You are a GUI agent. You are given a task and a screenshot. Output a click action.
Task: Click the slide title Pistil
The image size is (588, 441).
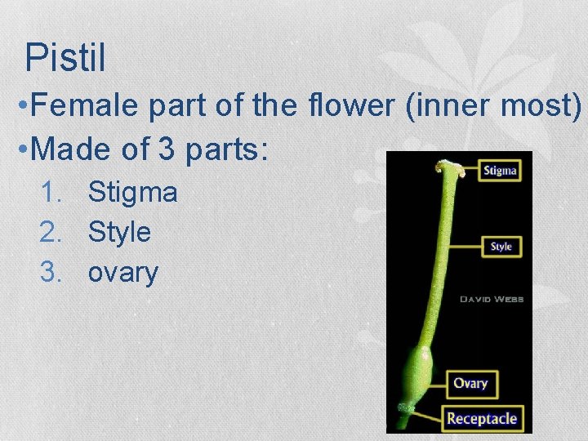click(65, 58)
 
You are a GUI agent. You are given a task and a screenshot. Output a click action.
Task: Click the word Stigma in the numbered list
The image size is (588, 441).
click(132, 193)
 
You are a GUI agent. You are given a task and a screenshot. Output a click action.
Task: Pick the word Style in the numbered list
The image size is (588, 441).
click(119, 232)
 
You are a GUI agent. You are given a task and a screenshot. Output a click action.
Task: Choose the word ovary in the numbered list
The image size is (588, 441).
click(122, 272)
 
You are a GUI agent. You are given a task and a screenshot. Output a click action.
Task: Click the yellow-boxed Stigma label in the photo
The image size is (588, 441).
click(499, 171)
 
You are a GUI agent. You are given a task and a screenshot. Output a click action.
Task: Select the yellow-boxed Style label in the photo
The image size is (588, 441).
click(501, 246)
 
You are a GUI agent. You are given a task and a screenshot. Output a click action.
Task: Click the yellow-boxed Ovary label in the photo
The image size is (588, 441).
click(470, 383)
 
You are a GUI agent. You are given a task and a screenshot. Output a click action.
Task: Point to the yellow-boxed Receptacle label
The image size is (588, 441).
click(481, 419)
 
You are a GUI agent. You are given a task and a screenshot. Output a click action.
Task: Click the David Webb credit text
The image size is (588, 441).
click(491, 300)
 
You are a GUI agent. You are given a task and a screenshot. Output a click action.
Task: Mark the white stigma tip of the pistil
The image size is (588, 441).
click(450, 170)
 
